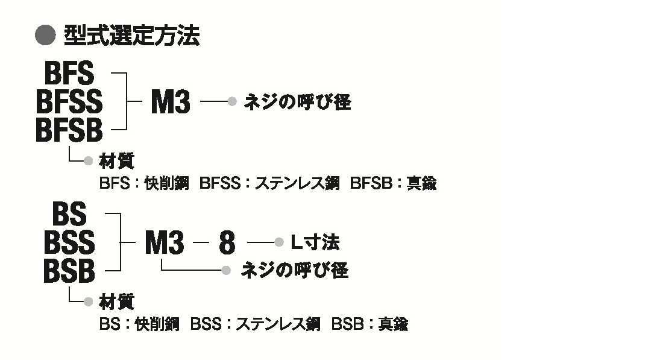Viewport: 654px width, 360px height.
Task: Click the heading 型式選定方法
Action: tap(131, 37)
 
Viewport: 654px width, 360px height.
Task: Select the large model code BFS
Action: tap(70, 74)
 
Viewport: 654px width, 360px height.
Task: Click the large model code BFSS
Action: tap(69, 102)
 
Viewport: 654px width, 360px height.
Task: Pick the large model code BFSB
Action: tap(69, 130)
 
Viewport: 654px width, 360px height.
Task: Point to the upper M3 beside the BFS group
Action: tap(170, 102)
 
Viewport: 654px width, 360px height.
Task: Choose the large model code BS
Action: tap(70, 214)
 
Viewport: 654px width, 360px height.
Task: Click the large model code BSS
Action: tap(69, 242)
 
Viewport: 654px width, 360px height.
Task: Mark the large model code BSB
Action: tap(69, 271)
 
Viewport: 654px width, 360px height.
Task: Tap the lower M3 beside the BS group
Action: tap(164, 242)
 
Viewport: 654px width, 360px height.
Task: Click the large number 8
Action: tap(227, 242)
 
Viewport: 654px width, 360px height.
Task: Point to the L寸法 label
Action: tap(315, 242)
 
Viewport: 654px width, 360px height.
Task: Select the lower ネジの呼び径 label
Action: tap(294, 271)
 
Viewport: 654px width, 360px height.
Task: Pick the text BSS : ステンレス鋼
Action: tap(255, 324)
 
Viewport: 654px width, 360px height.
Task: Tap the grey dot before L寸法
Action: tap(278, 242)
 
